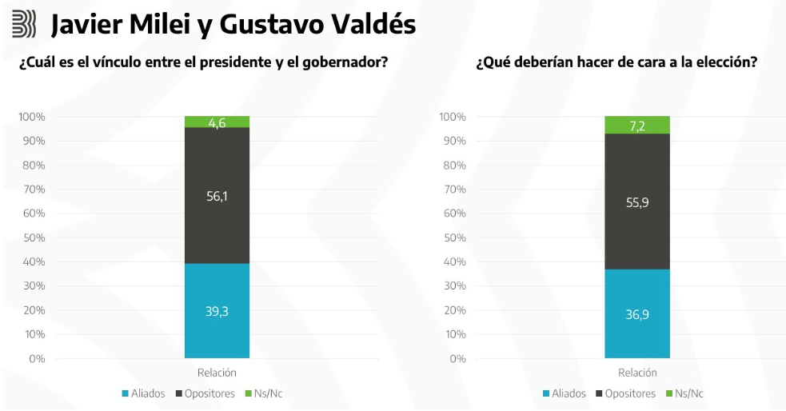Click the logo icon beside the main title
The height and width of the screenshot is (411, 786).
(x=24, y=25)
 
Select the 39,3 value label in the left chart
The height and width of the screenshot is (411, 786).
(x=217, y=311)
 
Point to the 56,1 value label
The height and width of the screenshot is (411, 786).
(x=217, y=195)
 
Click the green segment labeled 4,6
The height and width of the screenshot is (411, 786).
(x=217, y=122)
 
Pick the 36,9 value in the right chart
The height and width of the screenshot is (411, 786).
(x=636, y=314)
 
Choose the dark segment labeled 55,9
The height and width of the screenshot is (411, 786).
(x=636, y=202)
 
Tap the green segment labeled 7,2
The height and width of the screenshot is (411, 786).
(x=636, y=125)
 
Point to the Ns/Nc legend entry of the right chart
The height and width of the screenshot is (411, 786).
(x=687, y=393)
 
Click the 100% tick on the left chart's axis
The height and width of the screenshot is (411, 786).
(x=31, y=117)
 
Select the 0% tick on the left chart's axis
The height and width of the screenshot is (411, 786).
(x=38, y=358)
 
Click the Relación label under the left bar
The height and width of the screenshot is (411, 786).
(x=217, y=373)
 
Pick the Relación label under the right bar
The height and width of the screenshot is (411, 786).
(x=637, y=373)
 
